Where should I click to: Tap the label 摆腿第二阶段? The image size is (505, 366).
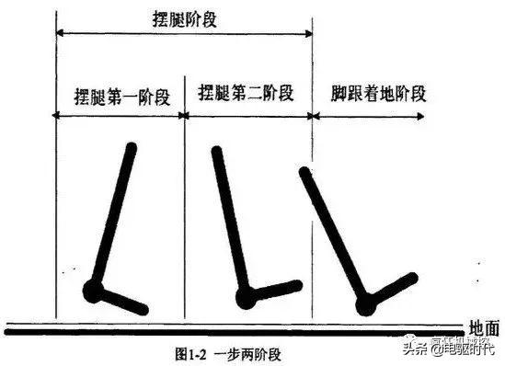coord(246,93)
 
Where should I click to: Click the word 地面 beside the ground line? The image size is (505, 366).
coord(484,326)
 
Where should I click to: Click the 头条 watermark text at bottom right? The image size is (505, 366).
coord(419,348)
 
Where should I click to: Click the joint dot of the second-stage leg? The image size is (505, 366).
coord(246,297)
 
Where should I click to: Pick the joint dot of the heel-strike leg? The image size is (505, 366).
coord(367,300)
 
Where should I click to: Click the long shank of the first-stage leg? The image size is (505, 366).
coord(113,216)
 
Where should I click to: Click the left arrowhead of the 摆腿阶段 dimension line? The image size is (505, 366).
coord(60,31)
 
